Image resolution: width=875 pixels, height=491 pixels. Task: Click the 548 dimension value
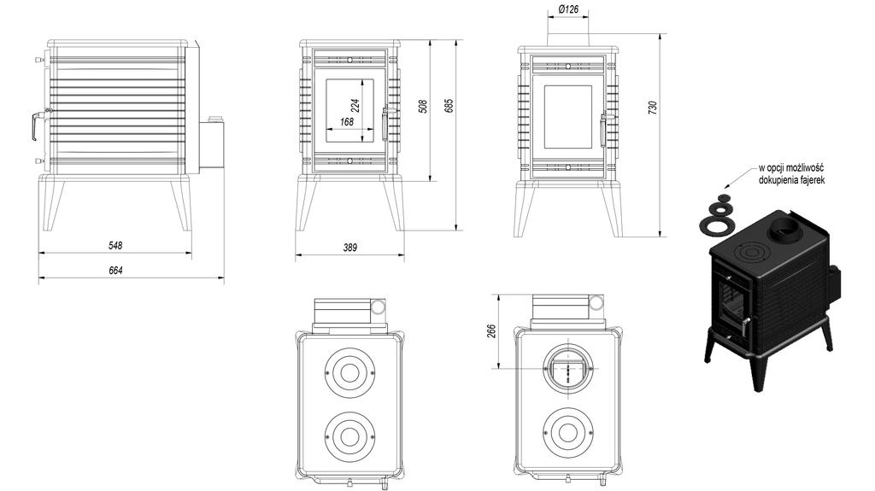[x=115, y=245]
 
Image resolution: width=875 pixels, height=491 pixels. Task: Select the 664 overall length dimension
[x=115, y=271]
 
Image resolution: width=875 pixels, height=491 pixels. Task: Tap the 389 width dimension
[x=349, y=247]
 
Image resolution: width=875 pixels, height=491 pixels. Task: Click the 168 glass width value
[x=347, y=122]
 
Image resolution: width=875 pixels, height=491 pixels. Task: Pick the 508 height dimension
[x=424, y=107]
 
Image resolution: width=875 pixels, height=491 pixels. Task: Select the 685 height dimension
[x=449, y=107]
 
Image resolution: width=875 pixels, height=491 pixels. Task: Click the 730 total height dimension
[x=653, y=108]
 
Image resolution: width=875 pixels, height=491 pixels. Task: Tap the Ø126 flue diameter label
[x=568, y=10]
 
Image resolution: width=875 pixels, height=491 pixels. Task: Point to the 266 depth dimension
[x=490, y=331]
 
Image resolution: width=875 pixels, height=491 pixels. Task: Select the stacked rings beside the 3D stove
[x=717, y=214]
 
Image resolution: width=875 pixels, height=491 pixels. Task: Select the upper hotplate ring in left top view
[x=349, y=371]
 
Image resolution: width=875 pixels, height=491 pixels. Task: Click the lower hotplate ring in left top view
[x=349, y=435]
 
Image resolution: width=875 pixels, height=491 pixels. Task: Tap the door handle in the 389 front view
[x=385, y=124]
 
